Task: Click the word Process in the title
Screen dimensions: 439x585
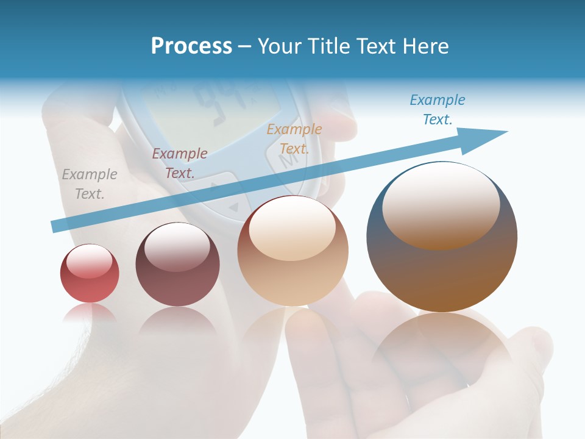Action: tap(191, 46)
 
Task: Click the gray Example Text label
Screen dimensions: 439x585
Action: tap(90, 184)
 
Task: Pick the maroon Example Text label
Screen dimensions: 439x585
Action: tap(180, 163)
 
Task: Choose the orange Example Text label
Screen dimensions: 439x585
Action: tap(294, 138)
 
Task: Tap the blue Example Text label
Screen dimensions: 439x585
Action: tap(438, 110)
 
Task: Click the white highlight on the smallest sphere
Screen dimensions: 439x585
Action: tap(90, 260)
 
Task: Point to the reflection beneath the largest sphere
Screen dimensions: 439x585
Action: tap(442, 348)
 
